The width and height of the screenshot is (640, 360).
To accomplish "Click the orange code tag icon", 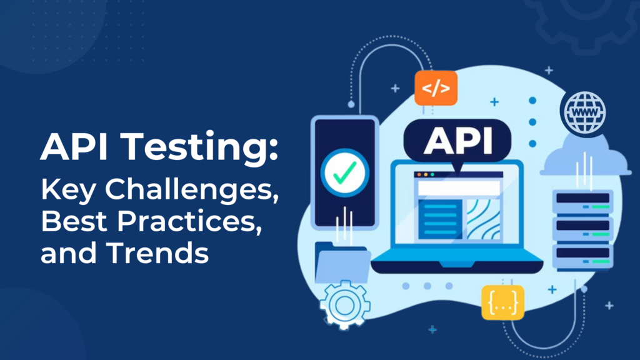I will tap(436, 88).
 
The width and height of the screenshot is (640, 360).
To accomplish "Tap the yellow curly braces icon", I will tap(503, 303).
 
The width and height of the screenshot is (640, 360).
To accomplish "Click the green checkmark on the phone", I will tap(345, 170).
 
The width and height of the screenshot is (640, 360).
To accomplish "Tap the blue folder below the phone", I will tap(337, 261).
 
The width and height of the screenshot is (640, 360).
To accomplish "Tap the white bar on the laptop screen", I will tap(458, 187).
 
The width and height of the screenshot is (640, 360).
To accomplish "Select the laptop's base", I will tap(457, 265).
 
